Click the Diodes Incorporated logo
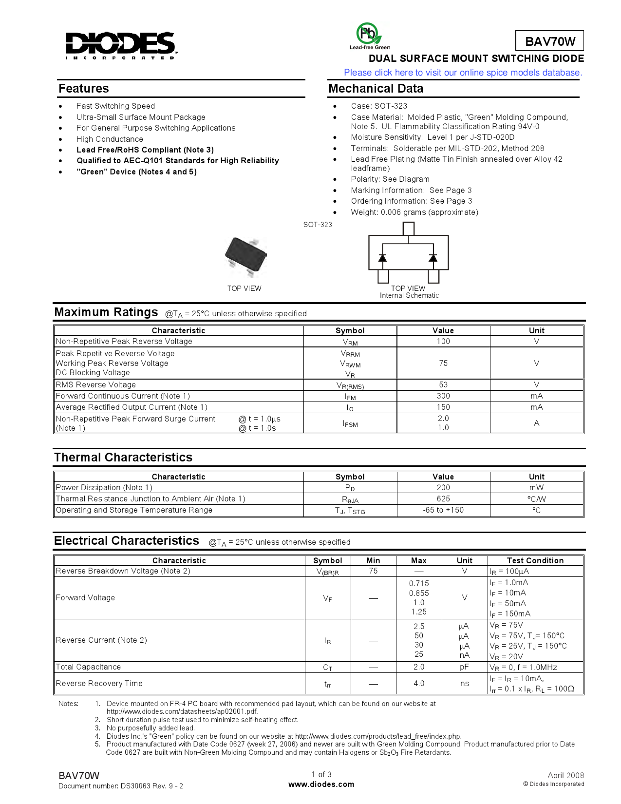pyautogui.click(x=121, y=45)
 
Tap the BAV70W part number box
pyautogui.click(x=550, y=41)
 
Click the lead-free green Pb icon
pyautogui.click(x=369, y=35)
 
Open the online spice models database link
pyautogui.click(x=463, y=73)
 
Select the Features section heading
pyautogui.click(x=84, y=89)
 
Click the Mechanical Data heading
pyautogui.click(x=376, y=89)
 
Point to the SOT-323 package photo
pyautogui.click(x=246, y=255)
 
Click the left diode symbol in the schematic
pyautogui.click(x=383, y=258)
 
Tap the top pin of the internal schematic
pyautogui.click(x=409, y=229)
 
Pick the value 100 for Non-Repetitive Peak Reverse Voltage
pyautogui.click(x=443, y=342)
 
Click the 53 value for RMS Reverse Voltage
pyautogui.click(x=443, y=385)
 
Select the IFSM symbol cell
pyautogui.click(x=350, y=423)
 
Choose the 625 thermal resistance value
pyautogui.click(x=443, y=499)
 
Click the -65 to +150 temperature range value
pyautogui.click(x=443, y=510)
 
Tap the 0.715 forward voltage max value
pyautogui.click(x=419, y=584)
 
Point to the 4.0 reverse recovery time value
pyautogui.click(x=419, y=684)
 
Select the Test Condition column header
pyautogui.click(x=535, y=561)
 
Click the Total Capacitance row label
pyautogui.click(x=89, y=667)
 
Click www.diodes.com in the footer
pyautogui.click(x=321, y=785)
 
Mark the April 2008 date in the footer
pyautogui.click(x=565, y=775)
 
